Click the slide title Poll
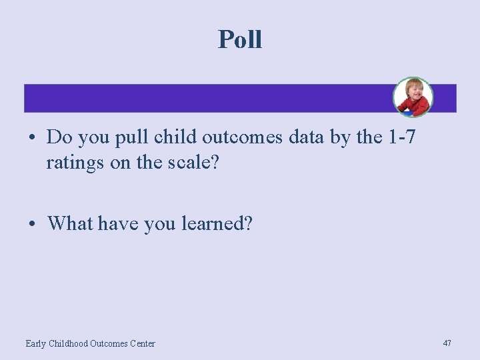240,40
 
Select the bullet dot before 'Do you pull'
32,138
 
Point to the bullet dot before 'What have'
32,223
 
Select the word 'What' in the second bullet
70,223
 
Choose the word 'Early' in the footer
36,343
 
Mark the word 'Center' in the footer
142,343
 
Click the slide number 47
447,343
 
